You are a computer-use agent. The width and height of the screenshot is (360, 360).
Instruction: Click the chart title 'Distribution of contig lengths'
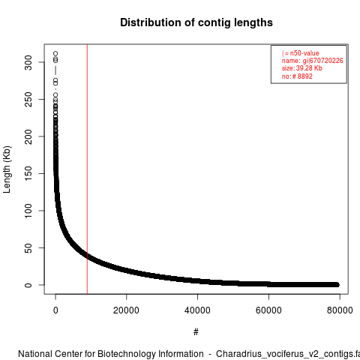click(x=196, y=22)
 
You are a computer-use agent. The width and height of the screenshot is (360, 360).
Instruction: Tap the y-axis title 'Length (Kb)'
click(x=7, y=169)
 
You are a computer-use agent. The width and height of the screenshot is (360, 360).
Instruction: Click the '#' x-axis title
click(x=196, y=332)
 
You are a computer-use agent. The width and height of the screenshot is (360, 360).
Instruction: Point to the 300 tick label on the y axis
click(x=28, y=62)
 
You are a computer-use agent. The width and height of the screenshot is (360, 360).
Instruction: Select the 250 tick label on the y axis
click(x=28, y=100)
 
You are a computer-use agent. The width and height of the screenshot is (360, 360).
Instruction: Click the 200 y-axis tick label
click(x=28, y=136)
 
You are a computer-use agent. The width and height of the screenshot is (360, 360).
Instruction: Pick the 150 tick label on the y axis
click(x=28, y=173)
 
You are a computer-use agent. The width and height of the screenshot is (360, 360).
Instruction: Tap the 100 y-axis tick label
click(x=28, y=211)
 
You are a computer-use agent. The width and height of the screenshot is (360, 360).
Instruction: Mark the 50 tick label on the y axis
click(x=28, y=247)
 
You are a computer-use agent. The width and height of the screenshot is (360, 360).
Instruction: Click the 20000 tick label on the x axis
click(x=126, y=310)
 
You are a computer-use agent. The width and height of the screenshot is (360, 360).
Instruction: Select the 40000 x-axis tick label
click(x=197, y=310)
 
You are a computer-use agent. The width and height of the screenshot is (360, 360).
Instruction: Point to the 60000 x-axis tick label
click(x=268, y=310)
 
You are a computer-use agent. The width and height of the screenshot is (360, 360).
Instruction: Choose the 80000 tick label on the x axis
click(x=340, y=310)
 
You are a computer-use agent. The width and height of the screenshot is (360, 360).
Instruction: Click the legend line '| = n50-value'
click(x=301, y=53)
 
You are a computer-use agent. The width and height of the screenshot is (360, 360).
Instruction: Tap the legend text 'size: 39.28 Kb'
click(x=302, y=68)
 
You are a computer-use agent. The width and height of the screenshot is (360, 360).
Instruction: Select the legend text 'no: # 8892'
click(x=297, y=76)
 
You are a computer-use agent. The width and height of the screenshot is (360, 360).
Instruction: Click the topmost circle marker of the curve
click(x=55, y=53)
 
